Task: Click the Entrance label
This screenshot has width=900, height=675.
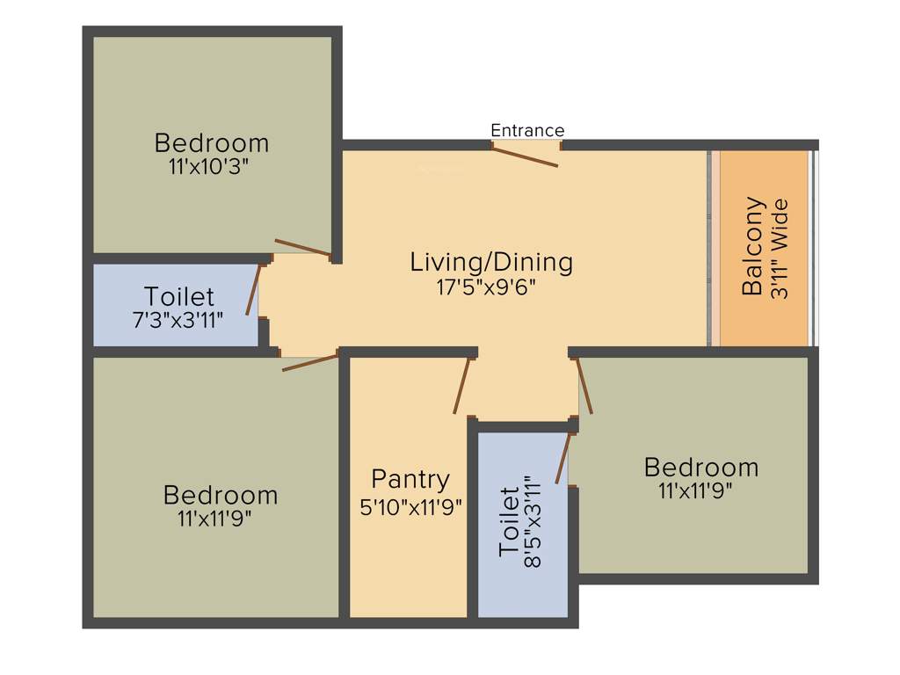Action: [527, 131]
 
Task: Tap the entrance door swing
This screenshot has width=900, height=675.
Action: [524, 156]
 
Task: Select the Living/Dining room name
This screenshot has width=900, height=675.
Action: [491, 262]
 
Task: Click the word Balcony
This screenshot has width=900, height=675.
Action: [752, 247]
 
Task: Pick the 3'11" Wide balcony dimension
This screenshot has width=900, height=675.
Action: [779, 250]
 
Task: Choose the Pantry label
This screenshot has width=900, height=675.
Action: [410, 480]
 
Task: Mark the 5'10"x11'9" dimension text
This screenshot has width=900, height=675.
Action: [411, 507]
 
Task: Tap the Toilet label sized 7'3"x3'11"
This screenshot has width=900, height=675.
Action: [179, 297]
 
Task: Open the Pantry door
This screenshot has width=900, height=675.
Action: [462, 386]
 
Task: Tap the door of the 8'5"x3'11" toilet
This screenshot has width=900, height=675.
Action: [563, 458]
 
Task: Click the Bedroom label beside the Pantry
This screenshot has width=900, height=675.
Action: [221, 496]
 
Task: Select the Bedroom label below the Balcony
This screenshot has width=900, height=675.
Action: [700, 467]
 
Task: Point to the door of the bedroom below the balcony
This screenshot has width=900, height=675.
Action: [584, 386]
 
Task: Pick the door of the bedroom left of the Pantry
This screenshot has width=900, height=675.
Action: [310, 362]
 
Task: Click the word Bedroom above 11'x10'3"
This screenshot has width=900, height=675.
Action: [212, 142]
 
